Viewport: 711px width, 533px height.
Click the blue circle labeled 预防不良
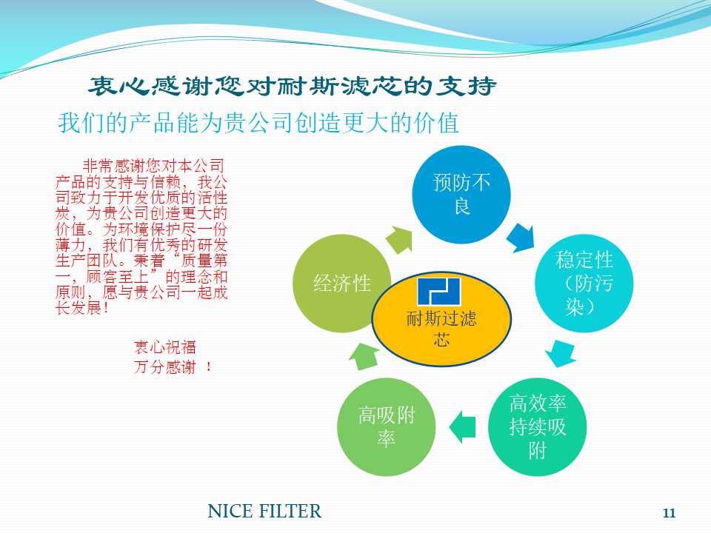461,195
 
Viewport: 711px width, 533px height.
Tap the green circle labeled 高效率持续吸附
538,426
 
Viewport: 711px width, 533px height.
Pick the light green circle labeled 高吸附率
386,426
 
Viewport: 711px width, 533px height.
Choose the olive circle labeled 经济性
341,283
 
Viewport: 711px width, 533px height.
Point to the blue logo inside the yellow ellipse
438,291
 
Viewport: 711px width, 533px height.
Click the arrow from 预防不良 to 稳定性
520,236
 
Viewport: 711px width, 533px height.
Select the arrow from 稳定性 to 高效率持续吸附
561,354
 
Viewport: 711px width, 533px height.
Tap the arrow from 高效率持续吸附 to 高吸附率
462,426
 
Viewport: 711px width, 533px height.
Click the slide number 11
669,513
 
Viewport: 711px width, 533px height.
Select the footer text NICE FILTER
264,511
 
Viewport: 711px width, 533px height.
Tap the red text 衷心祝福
164,347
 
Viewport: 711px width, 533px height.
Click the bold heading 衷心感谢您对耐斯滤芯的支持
293,87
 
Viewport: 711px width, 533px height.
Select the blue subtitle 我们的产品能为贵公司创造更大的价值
258,123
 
